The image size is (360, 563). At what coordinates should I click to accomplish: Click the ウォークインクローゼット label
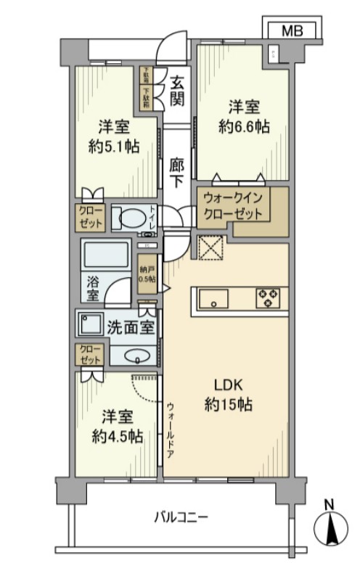click(237, 206)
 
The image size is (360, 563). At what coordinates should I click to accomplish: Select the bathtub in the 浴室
click(107, 256)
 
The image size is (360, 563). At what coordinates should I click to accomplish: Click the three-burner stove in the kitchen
click(269, 298)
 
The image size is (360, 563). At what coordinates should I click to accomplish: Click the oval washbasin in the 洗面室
click(135, 356)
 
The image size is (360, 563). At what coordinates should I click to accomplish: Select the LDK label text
click(228, 385)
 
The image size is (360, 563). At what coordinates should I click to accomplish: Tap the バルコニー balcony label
click(181, 517)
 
